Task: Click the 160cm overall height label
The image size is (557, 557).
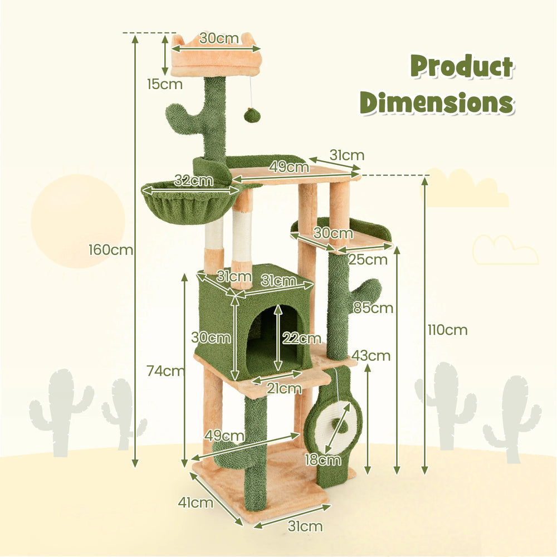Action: coord(111,250)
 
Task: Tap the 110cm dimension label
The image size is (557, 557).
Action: coord(447,330)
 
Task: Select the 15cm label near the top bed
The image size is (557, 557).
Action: coord(165,84)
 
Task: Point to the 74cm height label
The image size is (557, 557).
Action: coord(165,371)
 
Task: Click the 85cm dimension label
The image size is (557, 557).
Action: coord(373,307)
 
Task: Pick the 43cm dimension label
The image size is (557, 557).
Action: coord(371,355)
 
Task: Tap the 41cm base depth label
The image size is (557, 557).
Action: coord(196,502)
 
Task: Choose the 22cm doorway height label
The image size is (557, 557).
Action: coord(301,338)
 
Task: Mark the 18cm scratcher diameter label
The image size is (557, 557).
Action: coord(323,460)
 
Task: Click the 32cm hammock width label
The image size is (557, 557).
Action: coord(194,180)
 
